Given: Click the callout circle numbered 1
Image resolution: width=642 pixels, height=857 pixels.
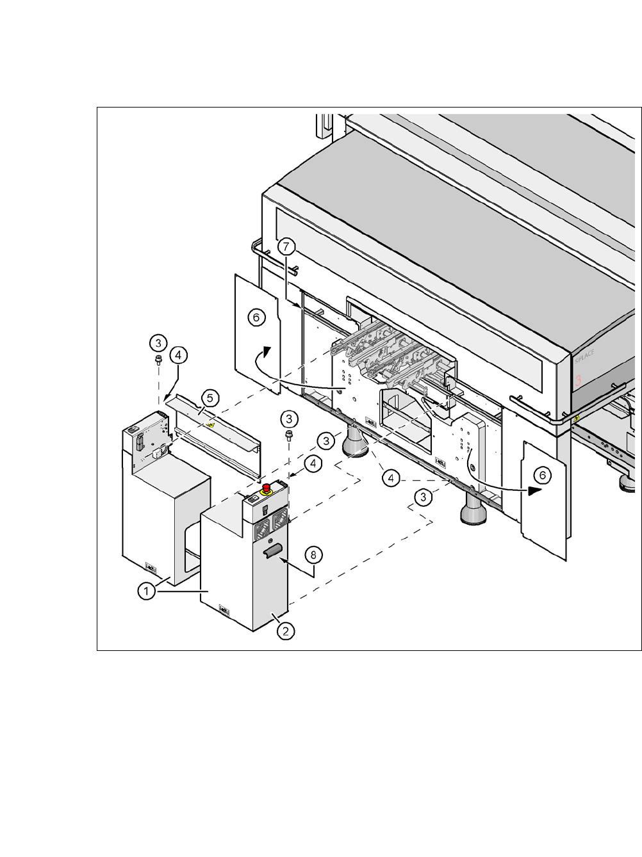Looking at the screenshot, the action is click(x=147, y=591).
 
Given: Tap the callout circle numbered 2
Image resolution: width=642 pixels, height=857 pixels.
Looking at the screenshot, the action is click(x=285, y=630).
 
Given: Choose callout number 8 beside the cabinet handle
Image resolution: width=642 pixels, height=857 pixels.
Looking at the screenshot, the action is click(x=313, y=554).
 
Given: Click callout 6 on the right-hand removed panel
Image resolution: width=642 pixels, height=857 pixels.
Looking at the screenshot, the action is click(x=542, y=475).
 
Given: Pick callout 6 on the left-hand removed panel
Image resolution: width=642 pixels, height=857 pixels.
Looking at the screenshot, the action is click(x=256, y=317).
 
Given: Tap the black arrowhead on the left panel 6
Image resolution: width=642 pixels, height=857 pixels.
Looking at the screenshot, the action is click(x=267, y=352).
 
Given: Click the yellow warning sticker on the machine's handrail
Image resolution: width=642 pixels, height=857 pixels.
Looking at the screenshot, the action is click(x=577, y=418).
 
